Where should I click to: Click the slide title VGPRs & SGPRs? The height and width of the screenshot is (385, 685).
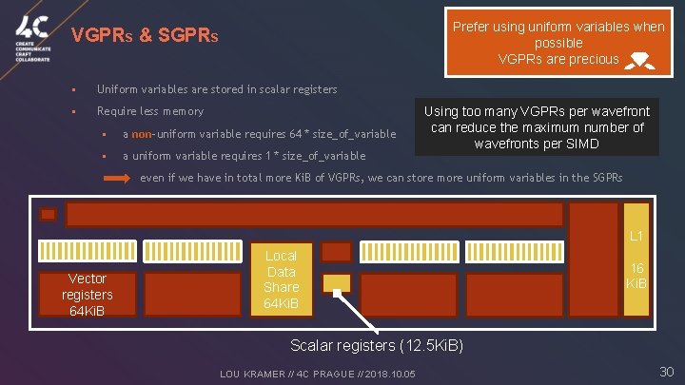click(146, 37)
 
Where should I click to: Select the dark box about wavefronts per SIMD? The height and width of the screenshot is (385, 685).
click(537, 127)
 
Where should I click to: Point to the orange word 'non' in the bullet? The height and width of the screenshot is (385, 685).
click(142, 134)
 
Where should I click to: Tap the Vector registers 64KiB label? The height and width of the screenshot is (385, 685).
click(87, 295)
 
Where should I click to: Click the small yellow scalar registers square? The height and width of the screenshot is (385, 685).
click(336, 282)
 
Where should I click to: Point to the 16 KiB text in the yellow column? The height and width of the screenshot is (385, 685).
click(636, 278)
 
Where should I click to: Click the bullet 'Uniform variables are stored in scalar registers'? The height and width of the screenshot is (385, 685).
click(217, 89)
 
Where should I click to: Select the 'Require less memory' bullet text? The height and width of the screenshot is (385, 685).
click(149, 111)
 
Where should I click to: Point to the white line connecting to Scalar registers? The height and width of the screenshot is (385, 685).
click(366, 311)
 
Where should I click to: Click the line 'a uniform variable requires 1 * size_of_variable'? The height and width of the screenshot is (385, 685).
click(244, 156)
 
